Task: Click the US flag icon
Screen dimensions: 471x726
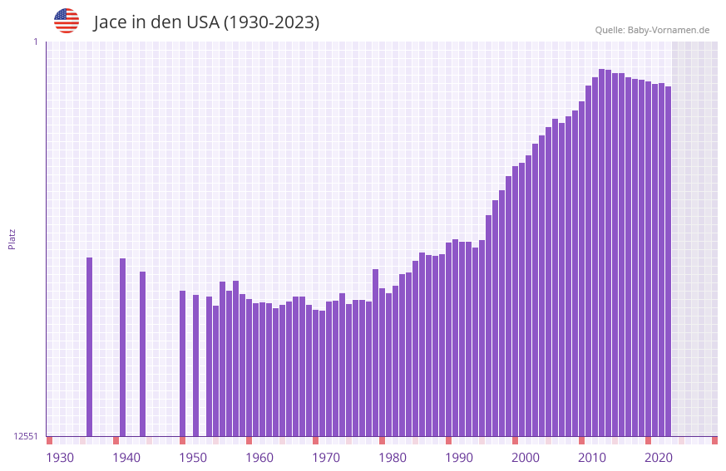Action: [67, 21]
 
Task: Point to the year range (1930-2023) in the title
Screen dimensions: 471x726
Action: [272, 22]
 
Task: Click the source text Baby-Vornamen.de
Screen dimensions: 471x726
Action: [668, 30]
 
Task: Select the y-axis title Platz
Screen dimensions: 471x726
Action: [12, 238]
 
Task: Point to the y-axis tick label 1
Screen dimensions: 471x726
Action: [35, 42]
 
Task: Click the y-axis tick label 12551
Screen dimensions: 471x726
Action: [26, 436]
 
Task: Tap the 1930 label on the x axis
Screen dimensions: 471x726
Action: [60, 457]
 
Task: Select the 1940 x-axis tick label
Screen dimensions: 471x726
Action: [126, 457]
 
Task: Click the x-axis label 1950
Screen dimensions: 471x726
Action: [193, 457]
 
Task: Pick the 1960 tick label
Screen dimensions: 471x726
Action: [259, 457]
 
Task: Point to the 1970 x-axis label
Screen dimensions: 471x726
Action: [326, 457]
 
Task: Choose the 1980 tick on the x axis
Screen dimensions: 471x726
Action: [393, 457]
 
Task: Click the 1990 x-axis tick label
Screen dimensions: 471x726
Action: [459, 457]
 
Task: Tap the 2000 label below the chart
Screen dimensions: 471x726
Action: [526, 457]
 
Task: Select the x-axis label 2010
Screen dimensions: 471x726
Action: [592, 457]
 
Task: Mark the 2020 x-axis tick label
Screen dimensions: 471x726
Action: [659, 457]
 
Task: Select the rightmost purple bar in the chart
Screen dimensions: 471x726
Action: [668, 261]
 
